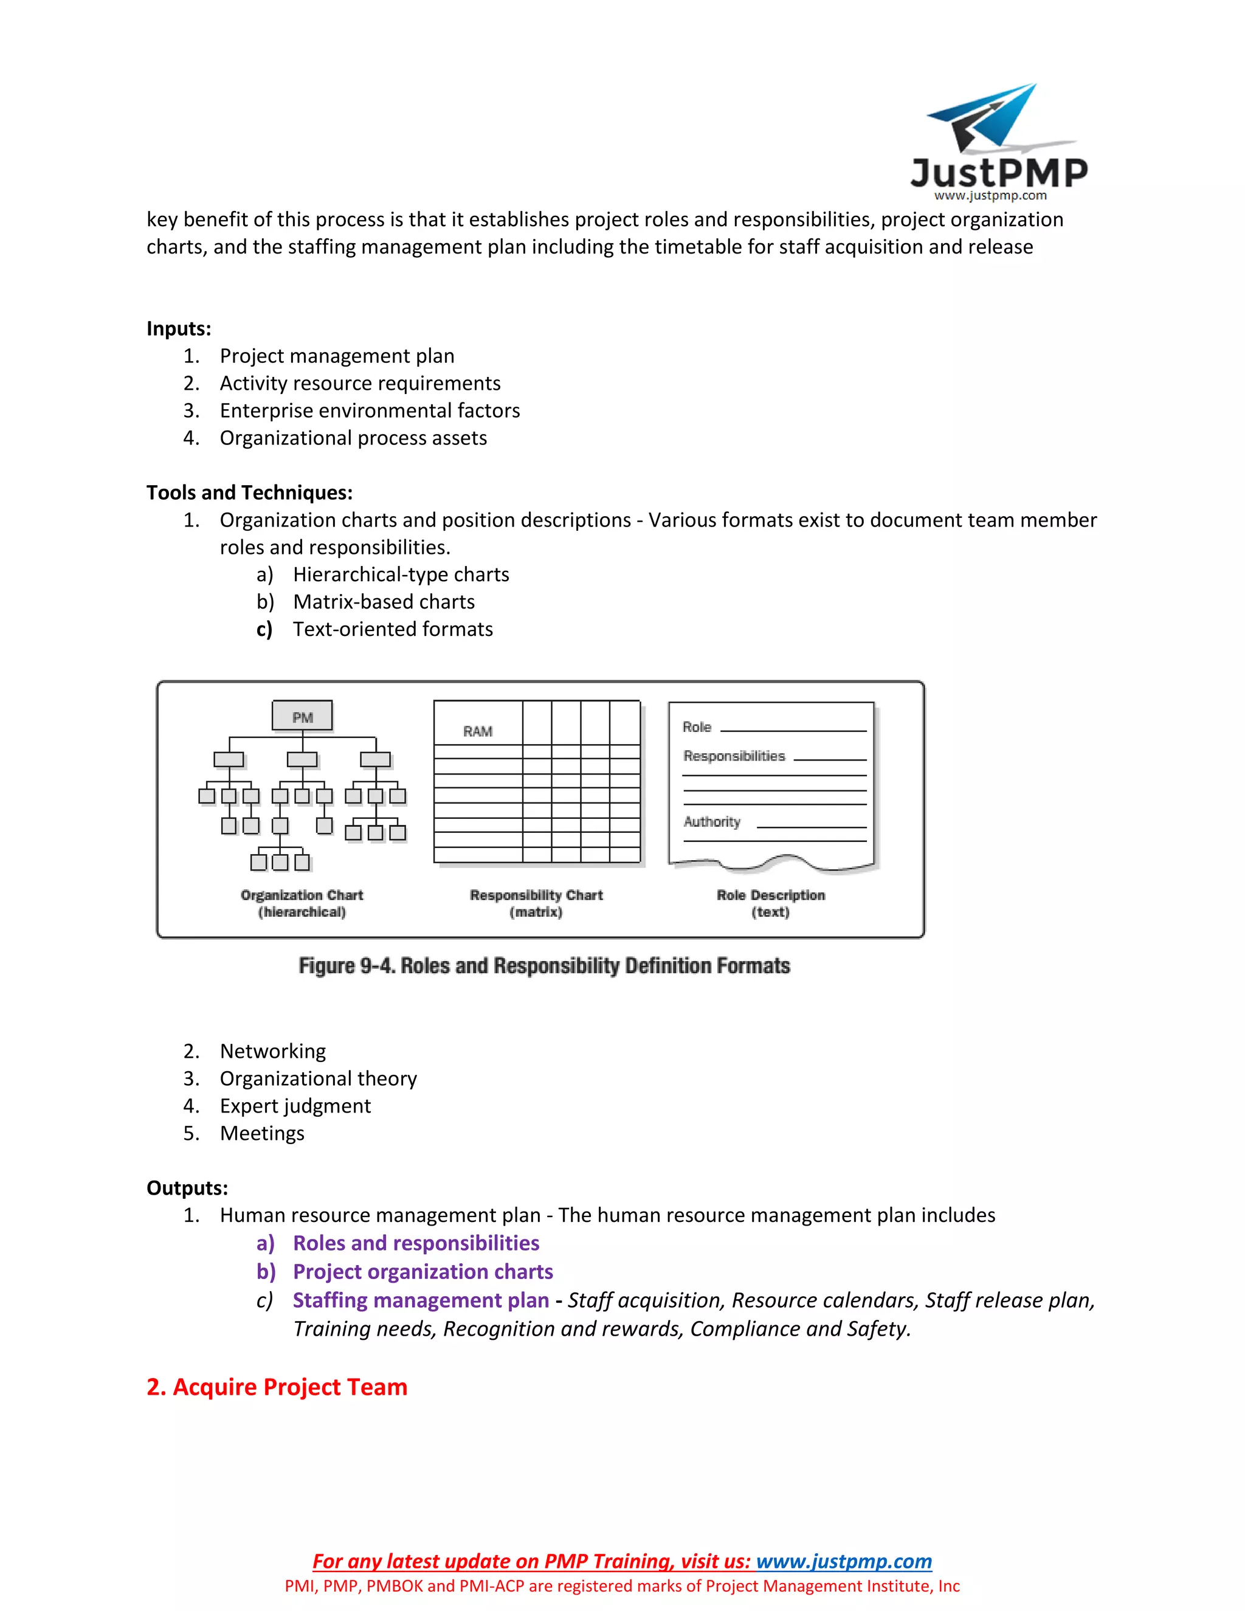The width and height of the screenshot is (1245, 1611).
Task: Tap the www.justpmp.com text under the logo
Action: [x=990, y=196]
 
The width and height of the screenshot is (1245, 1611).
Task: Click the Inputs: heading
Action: [x=179, y=328]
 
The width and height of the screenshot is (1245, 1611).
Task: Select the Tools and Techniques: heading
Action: [x=249, y=493]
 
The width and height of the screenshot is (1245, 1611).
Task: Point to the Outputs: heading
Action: [x=187, y=1188]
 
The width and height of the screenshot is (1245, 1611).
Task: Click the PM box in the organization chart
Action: [x=302, y=716]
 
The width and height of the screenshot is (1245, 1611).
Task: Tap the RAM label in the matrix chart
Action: [x=478, y=731]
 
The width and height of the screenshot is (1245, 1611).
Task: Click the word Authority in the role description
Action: [x=712, y=822]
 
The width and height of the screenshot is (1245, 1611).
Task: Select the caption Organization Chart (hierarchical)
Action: [x=302, y=903]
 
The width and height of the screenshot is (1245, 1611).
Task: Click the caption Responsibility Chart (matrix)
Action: [x=536, y=903]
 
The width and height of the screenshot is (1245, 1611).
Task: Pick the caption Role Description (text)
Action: [x=771, y=903]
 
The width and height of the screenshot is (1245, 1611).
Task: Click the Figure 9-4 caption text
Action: [x=544, y=965]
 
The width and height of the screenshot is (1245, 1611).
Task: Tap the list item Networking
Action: [x=272, y=1051]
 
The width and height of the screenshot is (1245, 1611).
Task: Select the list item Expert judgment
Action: [x=295, y=1106]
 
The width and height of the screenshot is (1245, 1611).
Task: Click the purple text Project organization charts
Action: [x=422, y=1272]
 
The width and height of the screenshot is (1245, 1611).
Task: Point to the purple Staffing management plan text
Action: [x=421, y=1300]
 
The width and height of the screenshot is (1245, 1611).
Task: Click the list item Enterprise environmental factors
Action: [x=370, y=410]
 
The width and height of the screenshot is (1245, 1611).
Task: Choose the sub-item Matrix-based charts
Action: [x=384, y=602]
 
